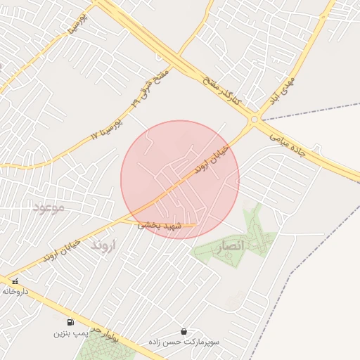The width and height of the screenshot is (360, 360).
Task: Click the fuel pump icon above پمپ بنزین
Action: (70, 322)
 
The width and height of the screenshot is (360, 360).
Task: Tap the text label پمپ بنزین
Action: (70, 333)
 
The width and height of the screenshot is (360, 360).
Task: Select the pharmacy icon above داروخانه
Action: (15, 281)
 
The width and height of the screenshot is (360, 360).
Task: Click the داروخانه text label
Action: (15, 290)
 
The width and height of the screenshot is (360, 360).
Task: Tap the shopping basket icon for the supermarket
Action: (184, 330)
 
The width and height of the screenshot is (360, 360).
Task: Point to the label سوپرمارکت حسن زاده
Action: (184, 341)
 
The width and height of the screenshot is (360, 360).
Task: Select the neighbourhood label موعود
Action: (49, 207)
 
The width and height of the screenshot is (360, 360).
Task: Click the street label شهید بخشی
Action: (160, 225)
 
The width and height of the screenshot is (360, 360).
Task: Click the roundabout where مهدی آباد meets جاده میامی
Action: (253, 120)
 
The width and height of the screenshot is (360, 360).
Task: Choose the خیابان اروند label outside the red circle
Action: (62, 250)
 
